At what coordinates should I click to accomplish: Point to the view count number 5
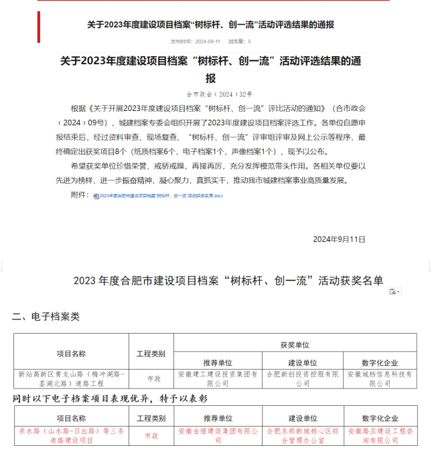pos(250,41)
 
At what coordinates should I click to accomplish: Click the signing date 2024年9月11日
pos(339,239)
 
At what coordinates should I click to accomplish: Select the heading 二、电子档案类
pos(46,317)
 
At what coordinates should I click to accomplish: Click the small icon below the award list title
pos(394,292)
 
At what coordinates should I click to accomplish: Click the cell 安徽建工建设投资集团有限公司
pos(218,378)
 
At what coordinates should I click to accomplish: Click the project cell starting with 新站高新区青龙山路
pos(70,378)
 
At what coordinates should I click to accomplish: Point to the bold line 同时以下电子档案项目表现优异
pos(111,398)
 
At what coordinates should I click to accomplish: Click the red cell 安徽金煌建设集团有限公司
pos(218,436)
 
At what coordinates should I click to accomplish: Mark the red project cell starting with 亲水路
pos(70,436)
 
